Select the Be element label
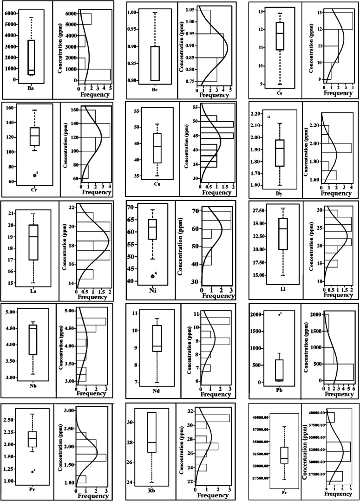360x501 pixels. (x=154, y=87)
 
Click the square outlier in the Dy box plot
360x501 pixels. (x=269, y=117)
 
